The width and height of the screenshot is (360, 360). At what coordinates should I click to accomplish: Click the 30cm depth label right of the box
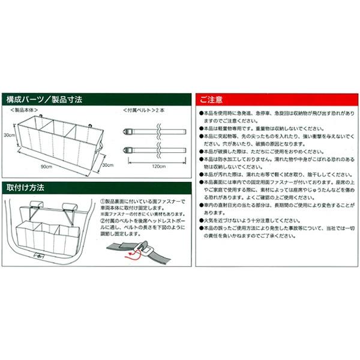point(107,165)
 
